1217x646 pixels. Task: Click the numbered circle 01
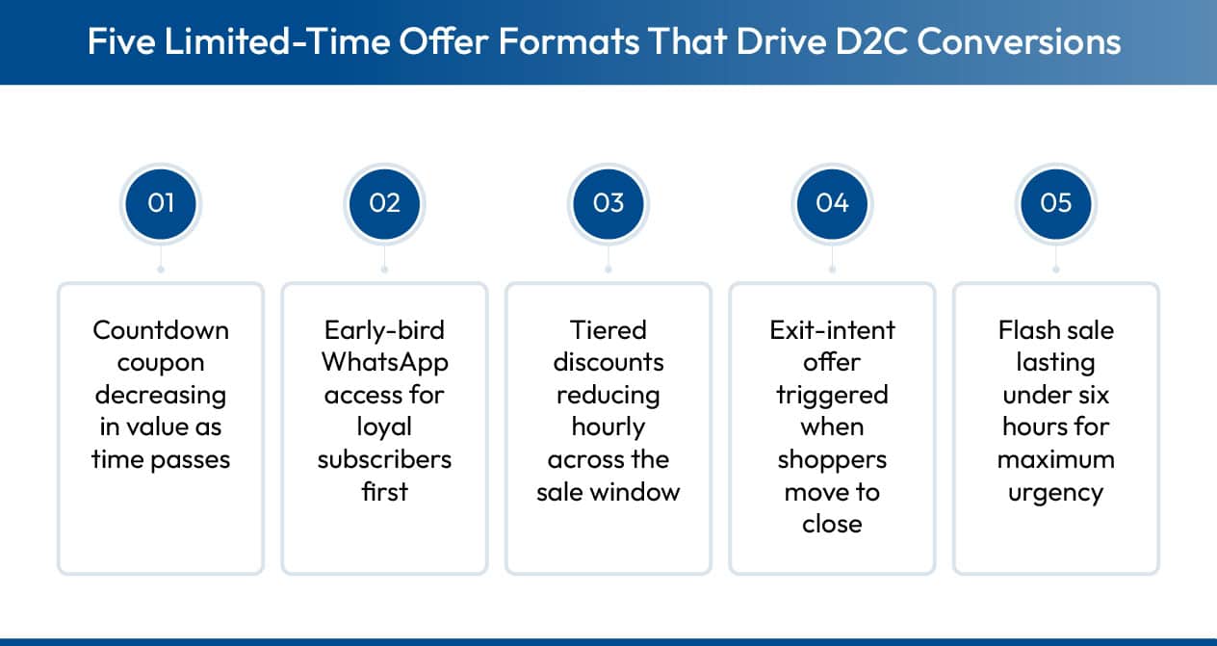pyautogui.click(x=161, y=203)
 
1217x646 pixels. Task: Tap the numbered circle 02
pyautogui.click(x=384, y=203)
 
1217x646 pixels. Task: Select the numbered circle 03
pyautogui.click(x=608, y=203)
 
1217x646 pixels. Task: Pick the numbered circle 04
pyautogui.click(x=832, y=203)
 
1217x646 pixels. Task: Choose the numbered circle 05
pyautogui.click(x=1056, y=203)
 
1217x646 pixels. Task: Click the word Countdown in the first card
pyautogui.click(x=161, y=330)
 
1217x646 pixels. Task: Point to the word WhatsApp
pyautogui.click(x=384, y=363)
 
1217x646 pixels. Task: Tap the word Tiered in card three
pyautogui.click(x=608, y=330)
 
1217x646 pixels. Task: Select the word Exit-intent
pyautogui.click(x=832, y=330)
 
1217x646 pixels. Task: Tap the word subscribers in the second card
pyautogui.click(x=384, y=459)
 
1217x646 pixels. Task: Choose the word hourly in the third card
pyautogui.click(x=608, y=427)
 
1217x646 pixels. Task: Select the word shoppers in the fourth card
pyautogui.click(x=832, y=459)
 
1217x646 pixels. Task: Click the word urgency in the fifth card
pyautogui.click(x=1056, y=492)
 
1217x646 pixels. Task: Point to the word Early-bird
pyautogui.click(x=384, y=330)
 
